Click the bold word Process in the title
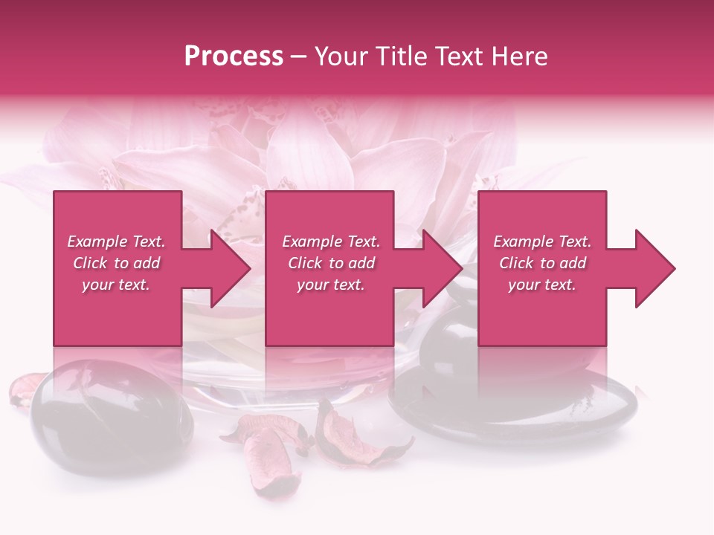pos(234,56)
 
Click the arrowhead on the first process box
pos(227,268)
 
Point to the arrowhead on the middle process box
pos(440,268)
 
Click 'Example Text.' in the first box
pos(116,241)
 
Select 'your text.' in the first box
pos(116,284)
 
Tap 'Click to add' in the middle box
pos(331,263)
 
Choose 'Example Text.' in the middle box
pos(331,241)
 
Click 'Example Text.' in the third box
pos(542,241)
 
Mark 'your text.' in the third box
pos(542,284)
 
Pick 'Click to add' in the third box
pos(542,263)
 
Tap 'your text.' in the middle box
pos(331,284)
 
